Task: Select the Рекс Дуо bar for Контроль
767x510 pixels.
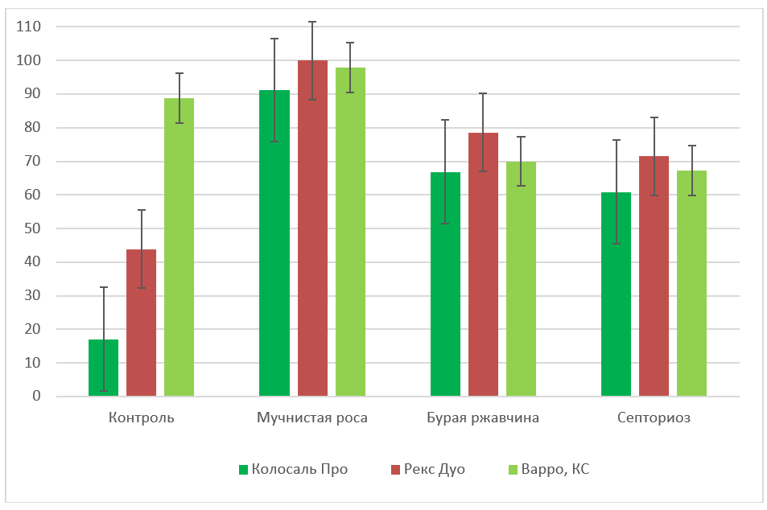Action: (x=141, y=323)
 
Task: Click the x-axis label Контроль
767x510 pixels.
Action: (x=141, y=418)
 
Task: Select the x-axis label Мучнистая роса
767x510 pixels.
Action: (x=312, y=418)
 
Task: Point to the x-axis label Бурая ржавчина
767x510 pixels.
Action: (x=483, y=418)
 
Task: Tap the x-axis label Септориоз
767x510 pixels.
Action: (x=654, y=418)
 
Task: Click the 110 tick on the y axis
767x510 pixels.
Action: (x=30, y=27)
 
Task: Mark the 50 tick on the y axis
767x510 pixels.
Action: (x=33, y=228)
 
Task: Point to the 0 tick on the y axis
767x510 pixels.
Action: (x=36, y=397)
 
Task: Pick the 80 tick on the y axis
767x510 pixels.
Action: (x=33, y=128)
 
